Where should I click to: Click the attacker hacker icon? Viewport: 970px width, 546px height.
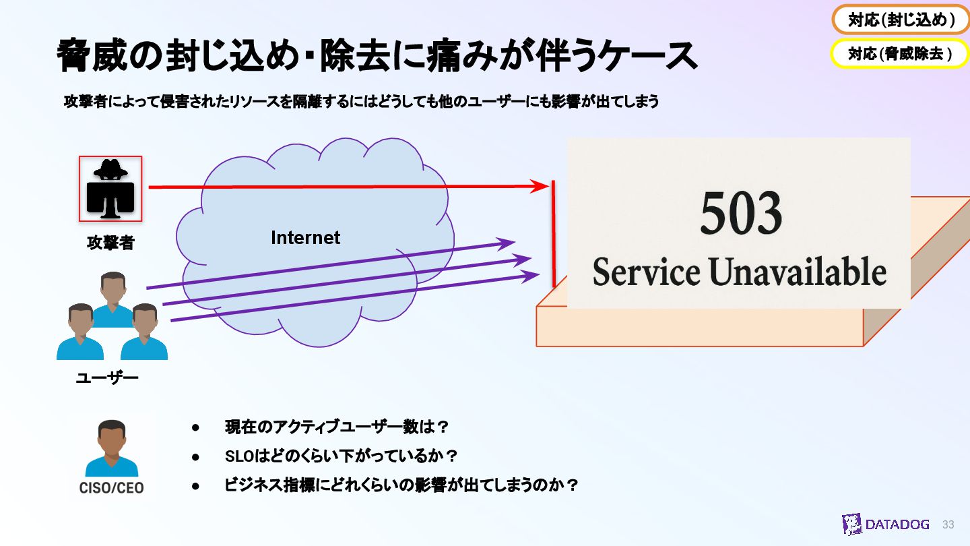[x=110, y=189]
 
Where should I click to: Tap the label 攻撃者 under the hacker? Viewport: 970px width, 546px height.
[x=110, y=243]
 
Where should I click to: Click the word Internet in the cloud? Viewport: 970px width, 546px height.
[x=305, y=238]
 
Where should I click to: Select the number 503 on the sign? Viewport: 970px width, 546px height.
[x=741, y=214]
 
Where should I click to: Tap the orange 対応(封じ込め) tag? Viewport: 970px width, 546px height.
[x=901, y=20]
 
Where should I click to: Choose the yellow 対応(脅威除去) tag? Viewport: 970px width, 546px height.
[x=901, y=54]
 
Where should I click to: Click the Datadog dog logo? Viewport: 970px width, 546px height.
[x=852, y=524]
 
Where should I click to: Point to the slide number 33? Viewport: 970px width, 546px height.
[x=948, y=524]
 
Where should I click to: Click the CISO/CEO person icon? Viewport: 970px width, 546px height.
[x=111, y=448]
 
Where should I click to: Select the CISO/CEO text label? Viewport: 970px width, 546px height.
[x=111, y=487]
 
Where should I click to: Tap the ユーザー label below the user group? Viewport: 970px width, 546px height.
[x=107, y=377]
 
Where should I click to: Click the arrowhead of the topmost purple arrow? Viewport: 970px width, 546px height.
[x=507, y=243]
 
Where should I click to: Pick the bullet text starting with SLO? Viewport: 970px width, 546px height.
[x=341, y=456]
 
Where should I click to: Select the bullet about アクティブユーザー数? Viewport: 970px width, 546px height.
[x=336, y=427]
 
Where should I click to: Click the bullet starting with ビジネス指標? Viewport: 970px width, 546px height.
[x=401, y=485]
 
